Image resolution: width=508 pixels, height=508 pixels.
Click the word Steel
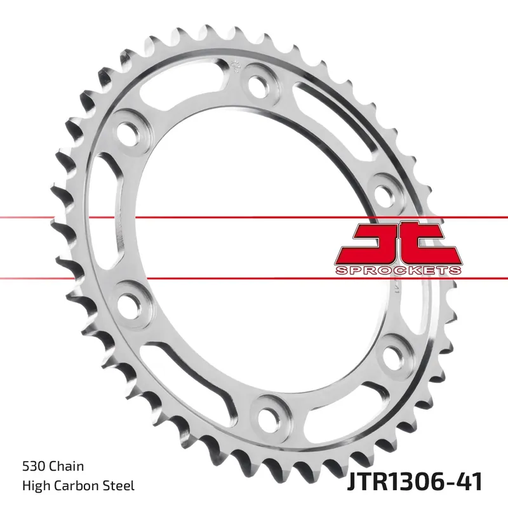point(119,486)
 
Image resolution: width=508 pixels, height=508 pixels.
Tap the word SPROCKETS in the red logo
point(397,271)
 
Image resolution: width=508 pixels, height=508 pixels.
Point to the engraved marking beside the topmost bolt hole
point(236,65)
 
